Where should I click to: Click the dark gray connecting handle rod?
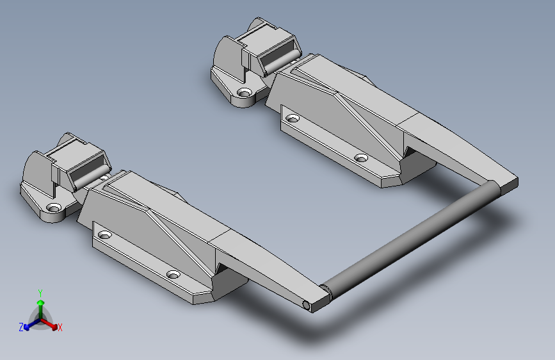(410, 237)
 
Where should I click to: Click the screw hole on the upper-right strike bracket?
(243, 93)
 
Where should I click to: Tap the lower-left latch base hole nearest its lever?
(173, 274)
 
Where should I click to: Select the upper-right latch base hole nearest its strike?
(293, 119)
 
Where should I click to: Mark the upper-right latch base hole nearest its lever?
(361, 158)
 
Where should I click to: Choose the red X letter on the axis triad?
(60, 328)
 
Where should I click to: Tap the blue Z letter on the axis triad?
(21, 327)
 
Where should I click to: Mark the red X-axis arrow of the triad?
(52, 324)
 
